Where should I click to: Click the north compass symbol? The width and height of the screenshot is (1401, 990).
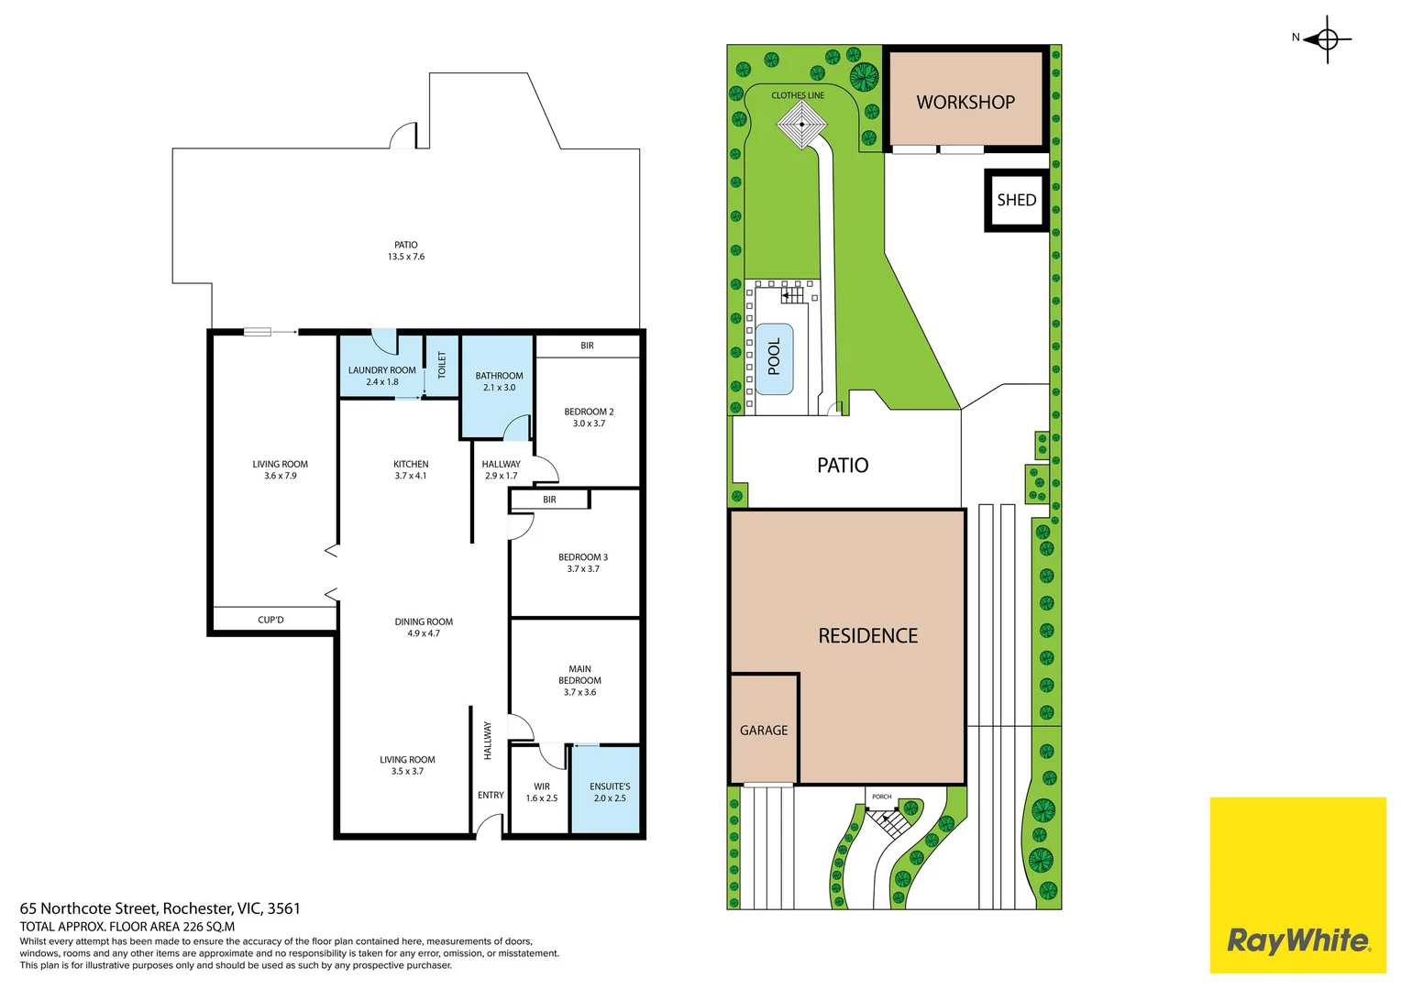(x=1327, y=39)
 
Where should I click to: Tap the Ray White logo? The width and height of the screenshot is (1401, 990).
(x=1297, y=940)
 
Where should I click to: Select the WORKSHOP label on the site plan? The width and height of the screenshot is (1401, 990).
(x=965, y=103)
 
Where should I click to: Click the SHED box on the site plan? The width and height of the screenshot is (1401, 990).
(x=1016, y=200)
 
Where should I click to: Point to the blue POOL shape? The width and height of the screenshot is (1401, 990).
(x=774, y=358)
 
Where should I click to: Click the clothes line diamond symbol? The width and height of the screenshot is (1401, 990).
(x=801, y=125)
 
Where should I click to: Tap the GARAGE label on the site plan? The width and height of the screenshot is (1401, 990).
(x=764, y=731)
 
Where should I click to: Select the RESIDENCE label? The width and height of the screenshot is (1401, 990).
(x=867, y=636)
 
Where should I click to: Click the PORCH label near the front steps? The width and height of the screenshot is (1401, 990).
(x=881, y=797)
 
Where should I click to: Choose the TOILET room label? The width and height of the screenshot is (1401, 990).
(x=441, y=365)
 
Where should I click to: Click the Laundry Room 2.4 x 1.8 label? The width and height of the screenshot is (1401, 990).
(x=381, y=376)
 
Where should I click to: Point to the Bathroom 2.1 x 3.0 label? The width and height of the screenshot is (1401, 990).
(x=499, y=381)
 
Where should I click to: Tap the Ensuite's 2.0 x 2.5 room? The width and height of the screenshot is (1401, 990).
(x=609, y=792)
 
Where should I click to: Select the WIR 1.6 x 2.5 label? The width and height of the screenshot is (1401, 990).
(x=541, y=792)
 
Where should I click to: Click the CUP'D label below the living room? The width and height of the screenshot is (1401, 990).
(x=270, y=621)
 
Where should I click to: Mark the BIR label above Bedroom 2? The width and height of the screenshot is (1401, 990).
(x=587, y=346)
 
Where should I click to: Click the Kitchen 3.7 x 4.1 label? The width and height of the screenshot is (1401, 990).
(x=411, y=469)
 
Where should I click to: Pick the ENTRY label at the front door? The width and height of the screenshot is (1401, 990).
(x=491, y=795)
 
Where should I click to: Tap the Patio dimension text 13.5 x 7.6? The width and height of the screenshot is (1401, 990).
(x=406, y=257)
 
